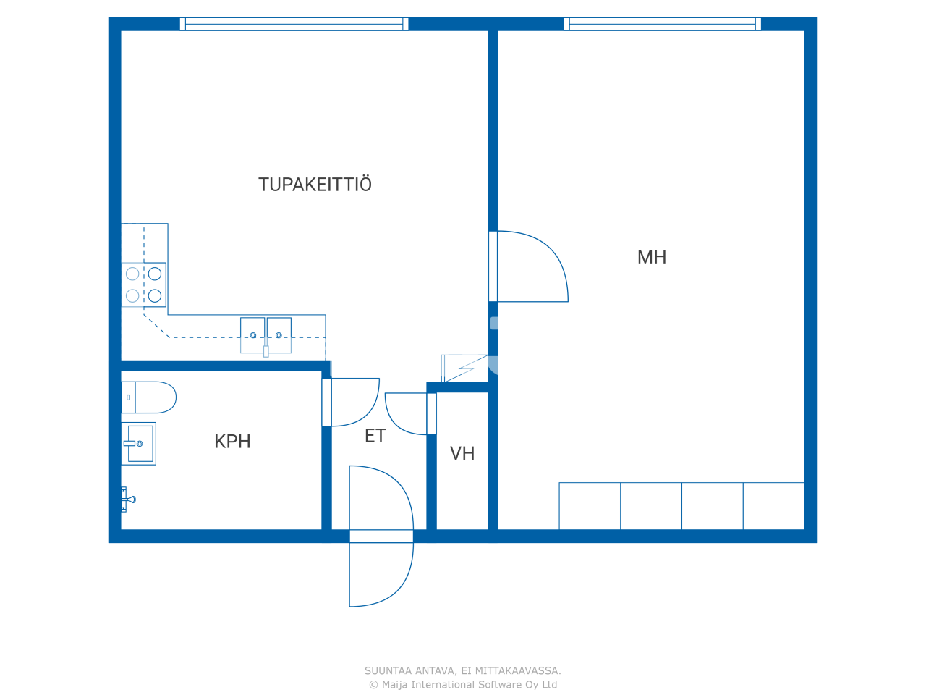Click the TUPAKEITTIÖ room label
[x=315, y=185]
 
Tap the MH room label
[x=651, y=257]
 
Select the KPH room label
[x=232, y=442]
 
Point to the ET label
[x=375, y=436]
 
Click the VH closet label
[x=462, y=454]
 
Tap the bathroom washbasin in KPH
[x=139, y=443]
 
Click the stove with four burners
[x=144, y=285]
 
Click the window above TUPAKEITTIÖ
[x=294, y=24]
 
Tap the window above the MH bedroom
[x=662, y=24]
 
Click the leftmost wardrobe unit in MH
[x=590, y=506]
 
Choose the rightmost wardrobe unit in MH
[x=773, y=506]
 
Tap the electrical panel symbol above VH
[x=464, y=368]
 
